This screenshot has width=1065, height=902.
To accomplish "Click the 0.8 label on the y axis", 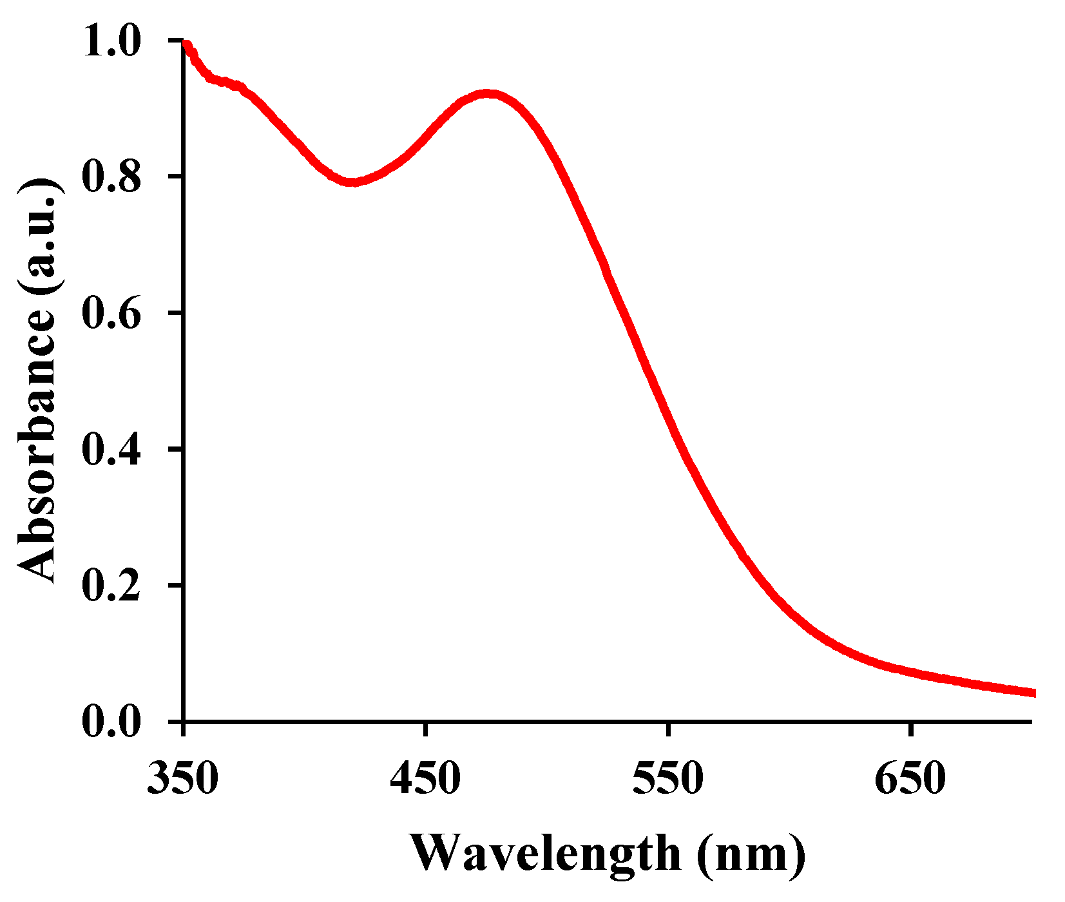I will (x=111, y=177).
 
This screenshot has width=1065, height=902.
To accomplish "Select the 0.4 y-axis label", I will (x=111, y=449).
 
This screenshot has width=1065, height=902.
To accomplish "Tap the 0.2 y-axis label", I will (x=111, y=586).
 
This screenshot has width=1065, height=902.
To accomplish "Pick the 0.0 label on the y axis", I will (x=111, y=722).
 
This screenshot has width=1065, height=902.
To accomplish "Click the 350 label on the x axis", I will (x=183, y=779).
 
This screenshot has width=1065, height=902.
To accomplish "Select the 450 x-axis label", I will (x=425, y=779).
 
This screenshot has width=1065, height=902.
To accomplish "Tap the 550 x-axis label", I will (x=667, y=779).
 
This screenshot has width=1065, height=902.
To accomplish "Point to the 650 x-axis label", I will (x=910, y=779).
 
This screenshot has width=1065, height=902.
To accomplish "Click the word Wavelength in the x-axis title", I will (x=545, y=854).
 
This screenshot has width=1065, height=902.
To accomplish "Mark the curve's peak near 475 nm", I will (x=488, y=94).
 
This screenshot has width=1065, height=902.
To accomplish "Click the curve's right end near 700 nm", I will (x=1033, y=693).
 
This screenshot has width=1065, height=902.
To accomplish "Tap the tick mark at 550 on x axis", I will (x=668, y=729).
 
